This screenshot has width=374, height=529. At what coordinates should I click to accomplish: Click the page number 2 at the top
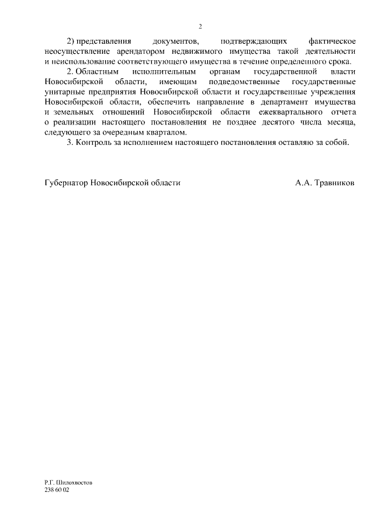click(x=200, y=27)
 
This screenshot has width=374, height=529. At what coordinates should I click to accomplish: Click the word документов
click(x=175, y=42)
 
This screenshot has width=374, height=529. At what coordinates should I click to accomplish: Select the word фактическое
click(x=331, y=42)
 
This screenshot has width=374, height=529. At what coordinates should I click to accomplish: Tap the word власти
click(x=341, y=72)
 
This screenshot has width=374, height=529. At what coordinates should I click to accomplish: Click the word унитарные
click(x=61, y=92)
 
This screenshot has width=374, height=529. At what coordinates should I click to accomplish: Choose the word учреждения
click(x=332, y=92)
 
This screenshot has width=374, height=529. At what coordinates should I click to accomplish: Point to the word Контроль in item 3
click(x=95, y=141)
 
